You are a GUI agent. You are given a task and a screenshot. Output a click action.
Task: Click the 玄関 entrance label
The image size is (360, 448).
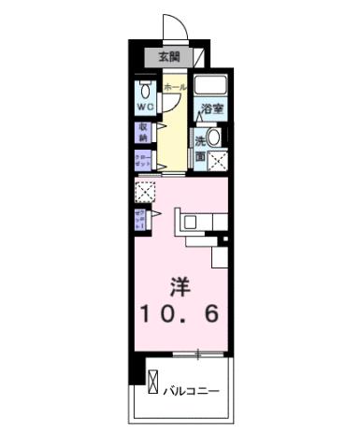click(170, 56)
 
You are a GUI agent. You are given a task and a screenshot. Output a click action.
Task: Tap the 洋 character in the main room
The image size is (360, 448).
click(180, 282)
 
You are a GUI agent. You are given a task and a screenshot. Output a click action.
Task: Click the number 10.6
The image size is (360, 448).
click(181, 313)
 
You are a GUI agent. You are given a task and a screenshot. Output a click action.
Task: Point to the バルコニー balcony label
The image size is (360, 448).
click(194, 389)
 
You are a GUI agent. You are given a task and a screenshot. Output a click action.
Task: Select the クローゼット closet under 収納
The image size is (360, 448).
click(143, 159)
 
